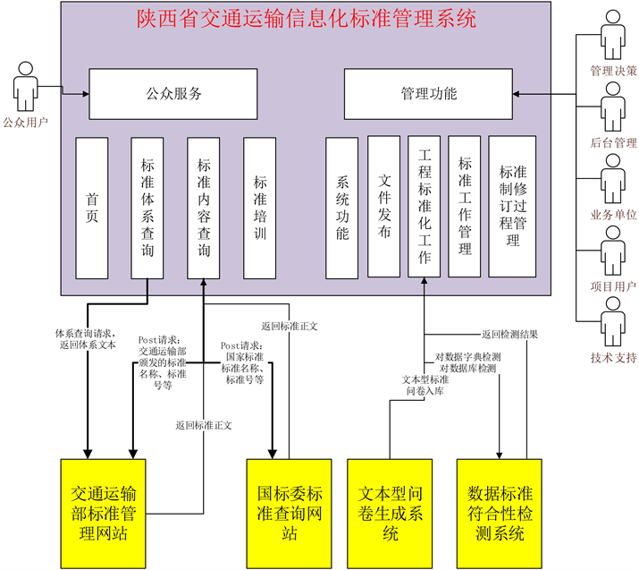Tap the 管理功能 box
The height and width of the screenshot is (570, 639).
(x=429, y=93)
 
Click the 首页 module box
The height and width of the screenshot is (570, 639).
(x=92, y=207)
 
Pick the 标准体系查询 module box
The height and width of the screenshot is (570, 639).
(x=147, y=207)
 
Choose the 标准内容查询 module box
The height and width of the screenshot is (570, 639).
(x=204, y=207)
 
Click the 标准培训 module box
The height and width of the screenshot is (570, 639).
(x=260, y=207)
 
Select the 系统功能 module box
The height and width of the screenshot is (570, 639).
(x=342, y=207)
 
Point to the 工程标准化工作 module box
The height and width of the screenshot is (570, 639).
(x=425, y=207)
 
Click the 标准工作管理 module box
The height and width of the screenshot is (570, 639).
(x=465, y=207)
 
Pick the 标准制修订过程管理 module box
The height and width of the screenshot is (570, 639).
(x=512, y=207)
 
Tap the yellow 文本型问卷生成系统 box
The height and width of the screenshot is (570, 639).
(x=391, y=514)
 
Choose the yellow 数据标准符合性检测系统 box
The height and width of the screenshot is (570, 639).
(x=500, y=514)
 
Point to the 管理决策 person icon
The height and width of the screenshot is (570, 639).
(x=613, y=40)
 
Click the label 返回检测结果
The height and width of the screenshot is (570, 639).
(x=510, y=335)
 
